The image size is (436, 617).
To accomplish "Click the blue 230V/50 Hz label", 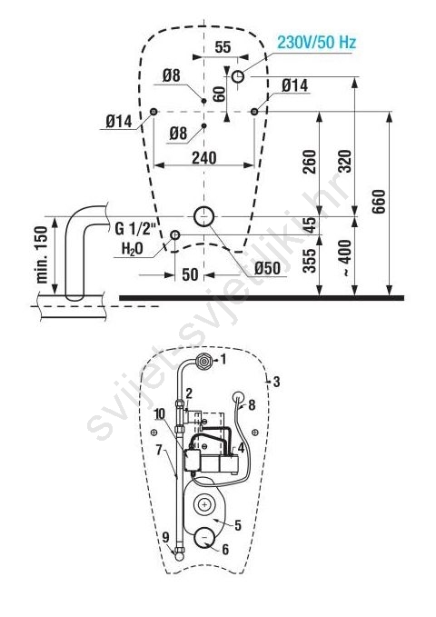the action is tap(317, 42).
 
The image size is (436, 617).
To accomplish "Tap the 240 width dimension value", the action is tap(204, 158).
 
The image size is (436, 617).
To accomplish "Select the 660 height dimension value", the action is tap(379, 202).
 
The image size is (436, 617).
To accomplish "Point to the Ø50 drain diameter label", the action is tap(267, 268).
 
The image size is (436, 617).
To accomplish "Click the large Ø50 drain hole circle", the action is tap(203, 216).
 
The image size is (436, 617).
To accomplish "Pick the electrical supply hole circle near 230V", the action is tap(238, 76).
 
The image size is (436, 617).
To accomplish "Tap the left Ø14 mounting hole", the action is tap(154, 112).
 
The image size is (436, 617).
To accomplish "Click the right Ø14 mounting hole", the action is tap(254, 112).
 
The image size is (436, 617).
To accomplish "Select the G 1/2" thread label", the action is tap(135, 229).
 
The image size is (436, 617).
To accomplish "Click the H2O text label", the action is tap(133, 249).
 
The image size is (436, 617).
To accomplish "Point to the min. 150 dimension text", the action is tap(41, 255).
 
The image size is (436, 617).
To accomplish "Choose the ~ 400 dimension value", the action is tap(344, 258).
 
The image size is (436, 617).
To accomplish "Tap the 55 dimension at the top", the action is tap(223, 47).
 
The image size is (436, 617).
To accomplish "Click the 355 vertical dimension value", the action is tap(310, 261).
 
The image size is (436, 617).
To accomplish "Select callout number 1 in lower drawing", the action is tap(223, 359).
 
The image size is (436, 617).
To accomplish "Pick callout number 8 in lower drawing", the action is tap(252, 404).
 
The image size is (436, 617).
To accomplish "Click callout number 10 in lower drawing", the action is tap(160, 413).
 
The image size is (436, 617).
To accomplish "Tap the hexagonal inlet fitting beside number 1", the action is tap(203, 361).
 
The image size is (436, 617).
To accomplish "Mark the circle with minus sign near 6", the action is tap(203, 537).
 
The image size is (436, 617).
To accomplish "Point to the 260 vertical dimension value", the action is tap(310, 162).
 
